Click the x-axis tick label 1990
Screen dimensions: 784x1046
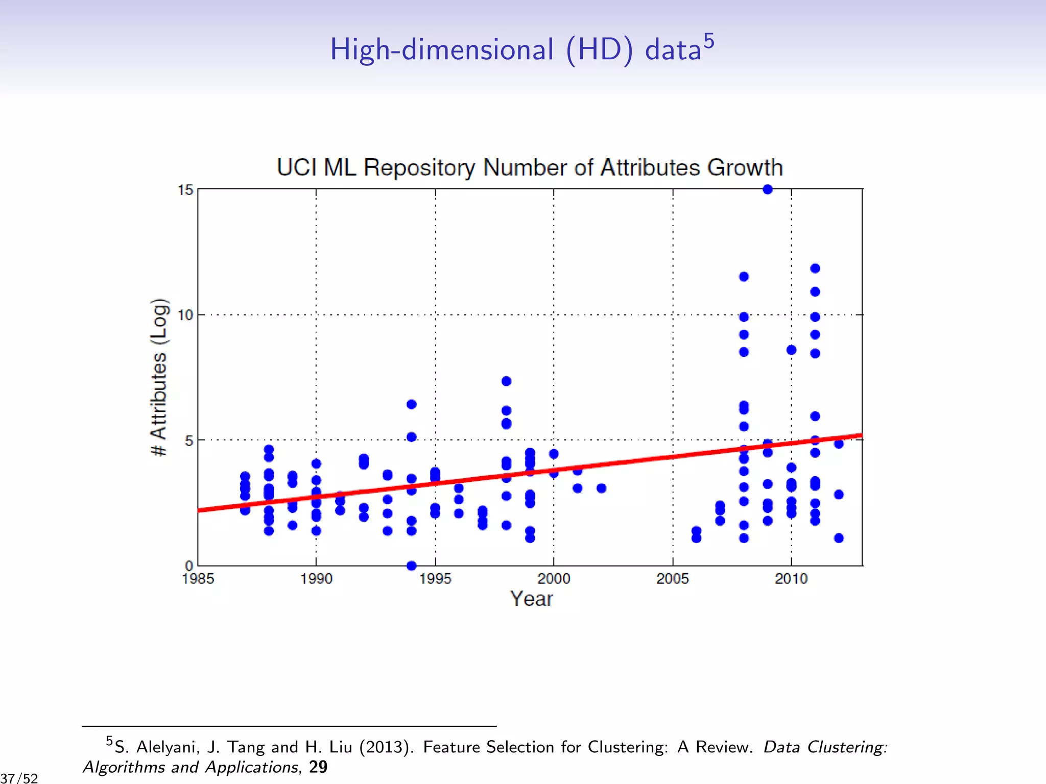[x=316, y=579]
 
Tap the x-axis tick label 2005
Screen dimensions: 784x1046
[x=672, y=579]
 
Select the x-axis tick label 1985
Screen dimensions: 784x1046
[x=198, y=579]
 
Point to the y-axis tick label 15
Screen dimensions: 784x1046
[x=185, y=190]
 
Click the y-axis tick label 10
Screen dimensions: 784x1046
[x=185, y=315]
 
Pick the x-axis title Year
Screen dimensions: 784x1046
[x=531, y=599]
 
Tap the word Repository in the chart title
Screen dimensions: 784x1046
[x=419, y=168]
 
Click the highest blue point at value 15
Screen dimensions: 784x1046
[x=767, y=189]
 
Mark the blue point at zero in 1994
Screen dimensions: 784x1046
[x=411, y=566]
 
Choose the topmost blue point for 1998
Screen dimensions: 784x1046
[x=506, y=381]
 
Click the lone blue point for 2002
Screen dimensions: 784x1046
[x=601, y=488]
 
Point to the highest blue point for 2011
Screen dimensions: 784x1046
[x=815, y=268]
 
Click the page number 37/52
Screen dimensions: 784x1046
[x=19, y=778]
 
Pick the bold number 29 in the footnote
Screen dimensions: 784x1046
[x=318, y=767]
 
